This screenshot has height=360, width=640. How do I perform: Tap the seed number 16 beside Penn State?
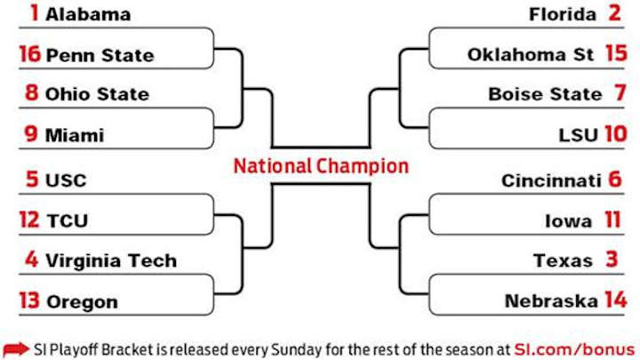[x=28, y=55]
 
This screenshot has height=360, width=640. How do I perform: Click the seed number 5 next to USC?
[x=32, y=180]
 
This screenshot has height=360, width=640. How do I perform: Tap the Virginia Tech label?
[x=111, y=261]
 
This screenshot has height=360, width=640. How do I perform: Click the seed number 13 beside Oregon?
[x=28, y=301]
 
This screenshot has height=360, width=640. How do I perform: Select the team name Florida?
[x=563, y=14]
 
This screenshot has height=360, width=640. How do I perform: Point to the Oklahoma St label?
[x=531, y=55]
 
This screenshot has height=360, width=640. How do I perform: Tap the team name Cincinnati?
[x=551, y=180]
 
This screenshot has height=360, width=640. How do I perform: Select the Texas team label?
[x=563, y=261]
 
